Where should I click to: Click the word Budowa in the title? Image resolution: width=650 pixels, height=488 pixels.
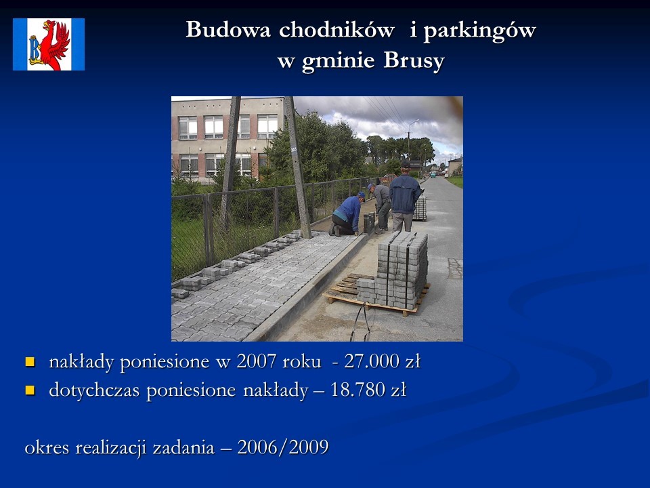[228, 30]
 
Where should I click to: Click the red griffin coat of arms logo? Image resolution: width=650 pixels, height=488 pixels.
[49, 45]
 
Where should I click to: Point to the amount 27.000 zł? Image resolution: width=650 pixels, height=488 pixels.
[382, 361]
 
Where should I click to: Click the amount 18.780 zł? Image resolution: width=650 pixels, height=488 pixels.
[368, 390]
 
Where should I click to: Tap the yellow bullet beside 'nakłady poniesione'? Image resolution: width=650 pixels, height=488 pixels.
[30, 362]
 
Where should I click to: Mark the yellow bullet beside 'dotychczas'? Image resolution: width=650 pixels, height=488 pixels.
[30, 390]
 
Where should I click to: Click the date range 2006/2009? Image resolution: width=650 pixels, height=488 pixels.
[283, 447]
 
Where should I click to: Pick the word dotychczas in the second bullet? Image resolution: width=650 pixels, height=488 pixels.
[94, 390]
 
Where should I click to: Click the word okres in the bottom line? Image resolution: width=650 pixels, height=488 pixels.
[47, 447]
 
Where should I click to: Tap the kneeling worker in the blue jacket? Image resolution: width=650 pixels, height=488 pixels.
[347, 214]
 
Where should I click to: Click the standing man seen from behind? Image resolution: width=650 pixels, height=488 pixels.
[405, 197]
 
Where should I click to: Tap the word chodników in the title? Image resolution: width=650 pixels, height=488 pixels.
[337, 30]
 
